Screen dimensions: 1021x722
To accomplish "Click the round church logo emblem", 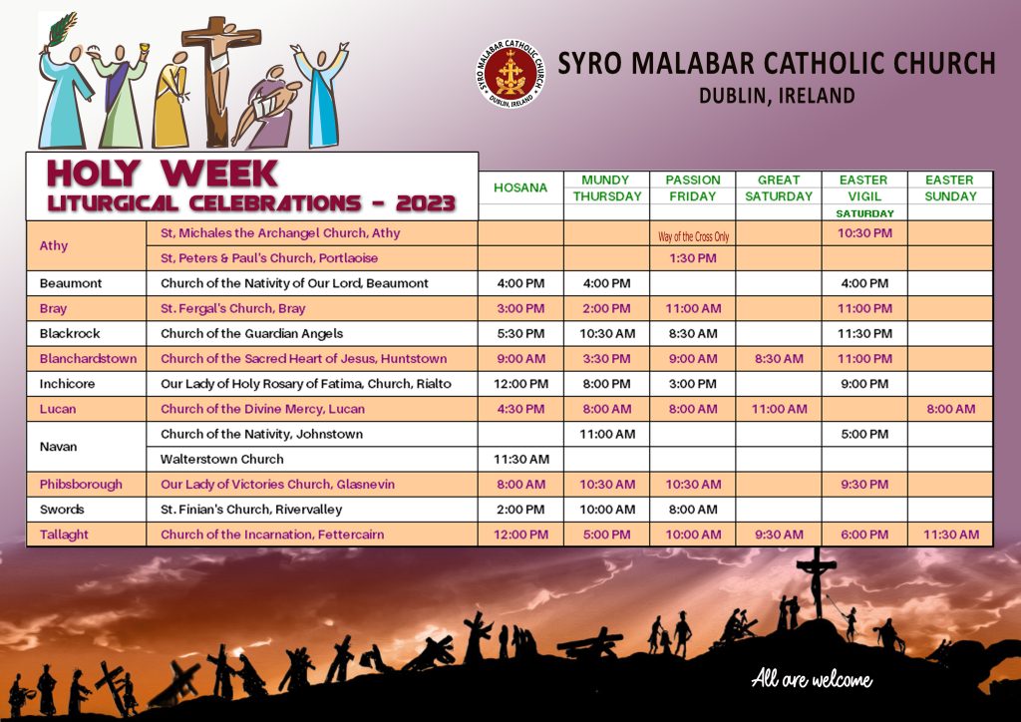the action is pyautogui.click(x=511, y=74).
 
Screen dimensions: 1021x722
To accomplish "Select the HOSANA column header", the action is pyautogui.click(x=520, y=187).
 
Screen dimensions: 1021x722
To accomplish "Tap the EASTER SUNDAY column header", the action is pyautogui.click(x=950, y=187).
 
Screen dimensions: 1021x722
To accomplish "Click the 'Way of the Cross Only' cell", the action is pyautogui.click(x=694, y=236).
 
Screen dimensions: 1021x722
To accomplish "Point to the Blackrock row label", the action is pyautogui.click(x=70, y=333).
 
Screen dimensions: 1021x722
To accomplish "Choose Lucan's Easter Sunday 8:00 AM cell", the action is pyautogui.click(x=950, y=409).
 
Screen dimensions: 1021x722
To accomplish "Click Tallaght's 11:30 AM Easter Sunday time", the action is pyautogui.click(x=950, y=535).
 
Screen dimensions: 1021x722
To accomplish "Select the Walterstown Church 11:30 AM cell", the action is pyautogui.click(x=520, y=459).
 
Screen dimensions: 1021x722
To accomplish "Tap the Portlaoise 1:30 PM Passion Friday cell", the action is pyautogui.click(x=693, y=258).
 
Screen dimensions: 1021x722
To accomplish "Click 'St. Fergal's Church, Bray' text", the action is pyautogui.click(x=233, y=308).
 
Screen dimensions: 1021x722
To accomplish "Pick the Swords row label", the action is pyautogui.click(x=62, y=510).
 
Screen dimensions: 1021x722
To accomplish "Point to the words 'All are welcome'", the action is pyautogui.click(x=812, y=679).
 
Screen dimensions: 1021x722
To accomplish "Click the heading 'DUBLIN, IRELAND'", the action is pyautogui.click(x=777, y=96).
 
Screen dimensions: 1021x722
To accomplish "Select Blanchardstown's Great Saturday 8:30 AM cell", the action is pyautogui.click(x=779, y=359).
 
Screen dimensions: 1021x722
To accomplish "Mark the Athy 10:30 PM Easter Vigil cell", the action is pyautogui.click(x=864, y=233).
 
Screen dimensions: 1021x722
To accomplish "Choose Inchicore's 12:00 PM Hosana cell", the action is pyautogui.click(x=520, y=384).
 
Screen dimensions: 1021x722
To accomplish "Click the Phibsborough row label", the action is pyautogui.click(x=81, y=485).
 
